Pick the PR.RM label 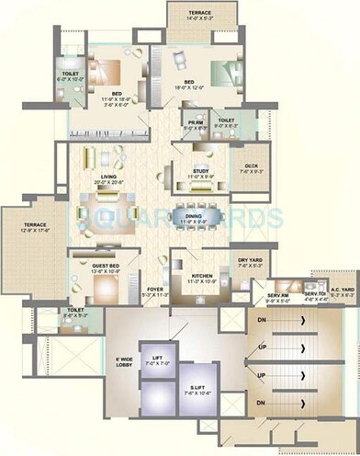195,124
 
